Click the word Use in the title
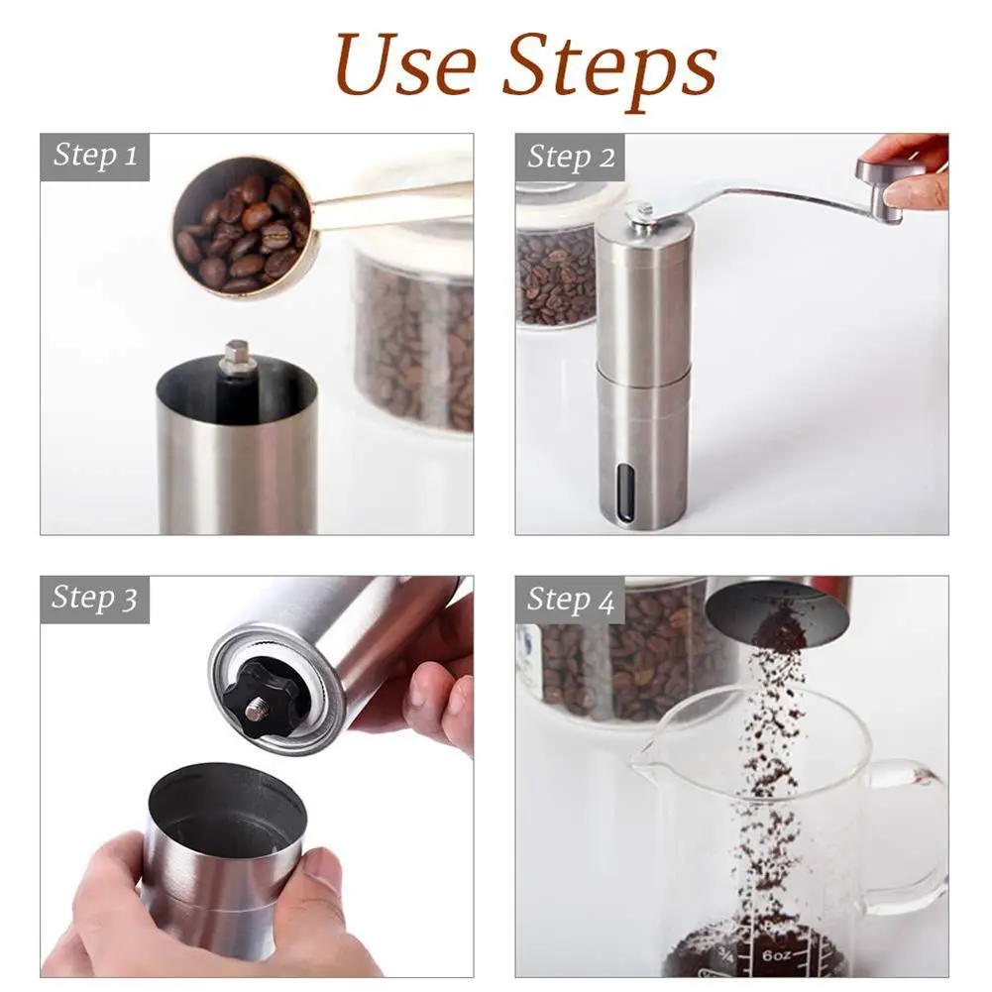pos(405,64)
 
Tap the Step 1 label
pos(95,155)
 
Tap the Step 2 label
pos(571,157)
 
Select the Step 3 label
pos(94,598)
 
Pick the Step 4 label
pos(571,600)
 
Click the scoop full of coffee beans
pos(244,228)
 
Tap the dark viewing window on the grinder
pos(625,494)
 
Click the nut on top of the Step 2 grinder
pos(642,215)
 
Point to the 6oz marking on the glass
pos(776,955)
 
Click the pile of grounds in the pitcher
pos(753,949)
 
